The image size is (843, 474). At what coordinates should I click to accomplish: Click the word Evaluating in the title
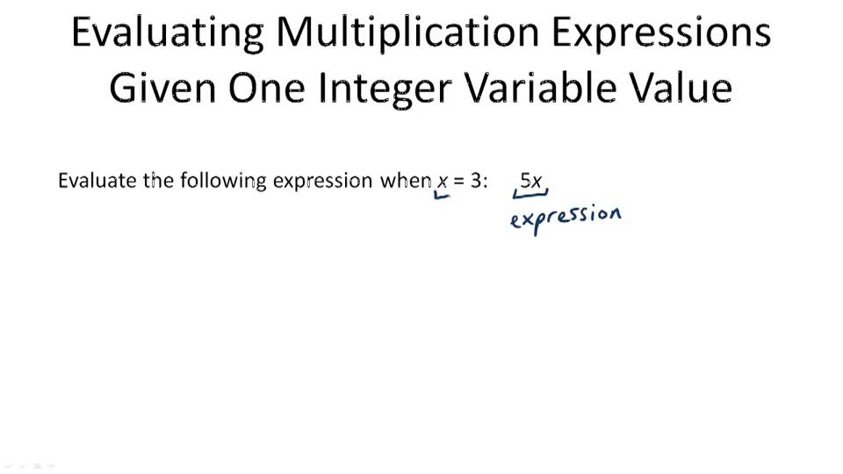tap(166, 33)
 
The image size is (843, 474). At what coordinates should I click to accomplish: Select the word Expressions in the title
tap(661, 33)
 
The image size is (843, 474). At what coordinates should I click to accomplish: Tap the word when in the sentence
tap(405, 181)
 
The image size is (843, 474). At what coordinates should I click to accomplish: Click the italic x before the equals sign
tap(443, 182)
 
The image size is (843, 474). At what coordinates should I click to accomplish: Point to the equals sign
tap(458, 182)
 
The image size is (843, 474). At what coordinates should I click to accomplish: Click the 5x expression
tap(530, 181)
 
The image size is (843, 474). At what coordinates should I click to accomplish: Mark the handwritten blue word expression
tap(566, 217)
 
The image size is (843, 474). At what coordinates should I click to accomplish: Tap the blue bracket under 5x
tap(530, 194)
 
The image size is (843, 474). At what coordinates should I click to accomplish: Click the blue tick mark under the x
tap(442, 196)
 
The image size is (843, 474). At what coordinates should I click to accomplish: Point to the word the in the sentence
tap(159, 181)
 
